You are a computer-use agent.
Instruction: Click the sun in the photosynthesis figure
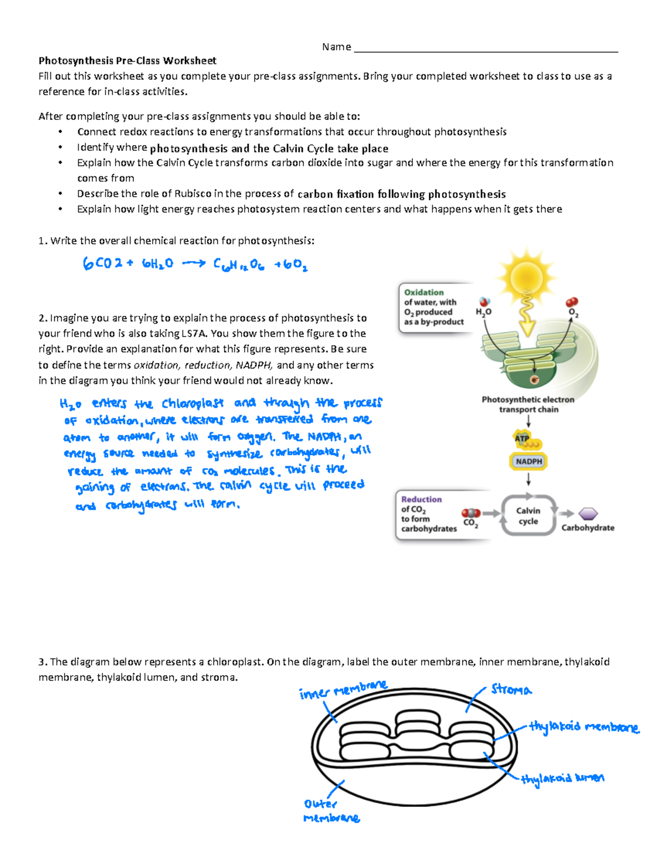click(x=526, y=276)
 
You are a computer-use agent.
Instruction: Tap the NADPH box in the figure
click(x=528, y=461)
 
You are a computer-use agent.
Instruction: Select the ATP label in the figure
click(x=522, y=438)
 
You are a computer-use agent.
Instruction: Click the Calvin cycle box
click(x=528, y=516)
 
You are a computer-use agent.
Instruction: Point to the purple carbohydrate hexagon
click(x=588, y=514)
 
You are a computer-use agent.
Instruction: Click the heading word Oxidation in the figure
click(x=424, y=292)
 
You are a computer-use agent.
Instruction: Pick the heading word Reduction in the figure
click(x=421, y=499)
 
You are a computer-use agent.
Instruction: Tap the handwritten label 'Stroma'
click(x=511, y=690)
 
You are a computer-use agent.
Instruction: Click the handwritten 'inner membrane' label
click(x=343, y=690)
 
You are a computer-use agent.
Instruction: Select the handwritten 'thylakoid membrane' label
click(x=584, y=727)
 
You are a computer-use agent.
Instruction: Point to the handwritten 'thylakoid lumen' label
click(x=562, y=778)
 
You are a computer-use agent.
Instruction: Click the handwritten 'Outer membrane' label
click(x=331, y=811)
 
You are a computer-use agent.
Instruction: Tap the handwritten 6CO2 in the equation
click(x=102, y=264)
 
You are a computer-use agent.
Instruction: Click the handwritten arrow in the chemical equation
click(x=193, y=264)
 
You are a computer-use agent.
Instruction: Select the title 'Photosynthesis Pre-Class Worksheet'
click(x=127, y=61)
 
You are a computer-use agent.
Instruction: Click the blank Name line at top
click(x=486, y=48)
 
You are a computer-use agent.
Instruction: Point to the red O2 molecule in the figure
click(x=572, y=302)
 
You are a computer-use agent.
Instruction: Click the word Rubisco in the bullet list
click(x=193, y=194)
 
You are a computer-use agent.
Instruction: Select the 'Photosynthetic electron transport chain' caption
click(x=528, y=404)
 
